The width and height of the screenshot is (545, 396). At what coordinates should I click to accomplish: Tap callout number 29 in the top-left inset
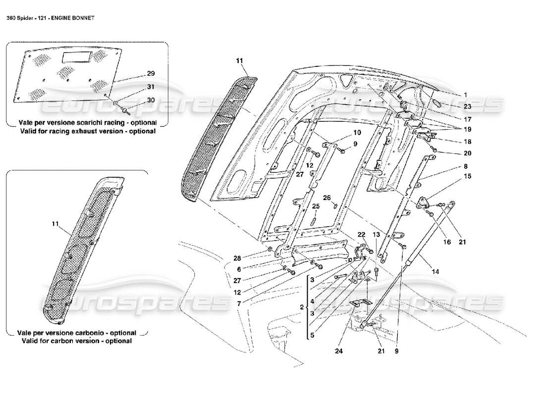[x=151, y=73]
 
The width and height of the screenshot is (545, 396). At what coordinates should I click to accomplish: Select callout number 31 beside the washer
[x=151, y=87]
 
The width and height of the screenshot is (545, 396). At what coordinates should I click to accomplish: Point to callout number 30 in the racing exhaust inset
[x=151, y=99]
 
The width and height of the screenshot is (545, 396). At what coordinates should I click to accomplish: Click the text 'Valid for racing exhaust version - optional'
[x=88, y=131]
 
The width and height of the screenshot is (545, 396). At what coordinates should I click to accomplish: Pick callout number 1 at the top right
[x=465, y=95]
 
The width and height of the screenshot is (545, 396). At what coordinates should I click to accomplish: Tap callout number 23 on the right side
[x=468, y=106]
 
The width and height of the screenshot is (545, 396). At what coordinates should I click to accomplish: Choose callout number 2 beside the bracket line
[x=302, y=307]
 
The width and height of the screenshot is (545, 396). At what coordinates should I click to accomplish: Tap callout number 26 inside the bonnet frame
[x=327, y=198]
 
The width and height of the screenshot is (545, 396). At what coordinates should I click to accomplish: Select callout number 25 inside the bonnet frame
[x=316, y=206]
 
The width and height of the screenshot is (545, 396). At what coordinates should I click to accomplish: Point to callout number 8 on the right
[x=466, y=166]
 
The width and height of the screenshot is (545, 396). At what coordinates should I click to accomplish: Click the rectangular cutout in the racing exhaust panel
[x=77, y=57]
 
